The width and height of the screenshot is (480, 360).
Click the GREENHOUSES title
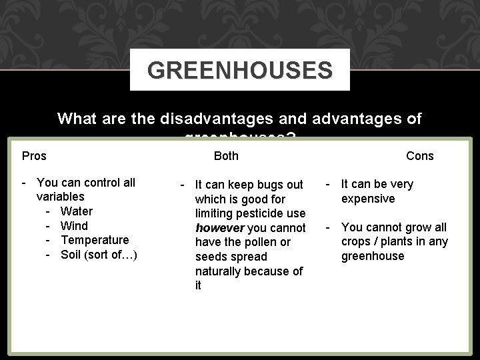(x=240, y=70)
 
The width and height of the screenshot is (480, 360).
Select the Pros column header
(x=34, y=156)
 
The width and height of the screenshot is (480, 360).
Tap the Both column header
(x=226, y=156)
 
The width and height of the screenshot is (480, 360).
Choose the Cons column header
(x=419, y=156)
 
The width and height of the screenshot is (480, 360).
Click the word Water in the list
(x=77, y=211)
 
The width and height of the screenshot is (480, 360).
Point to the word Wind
(x=74, y=226)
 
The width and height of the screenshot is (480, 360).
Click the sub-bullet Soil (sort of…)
(x=99, y=255)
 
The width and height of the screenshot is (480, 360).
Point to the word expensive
(x=368, y=199)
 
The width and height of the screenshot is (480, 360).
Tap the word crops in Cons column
(x=357, y=242)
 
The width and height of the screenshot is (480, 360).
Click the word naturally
(x=219, y=271)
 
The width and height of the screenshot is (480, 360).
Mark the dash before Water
(x=49, y=211)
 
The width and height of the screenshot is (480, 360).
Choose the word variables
(x=61, y=197)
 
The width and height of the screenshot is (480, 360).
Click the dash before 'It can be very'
(x=329, y=184)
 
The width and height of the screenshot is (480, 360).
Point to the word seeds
(x=211, y=257)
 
